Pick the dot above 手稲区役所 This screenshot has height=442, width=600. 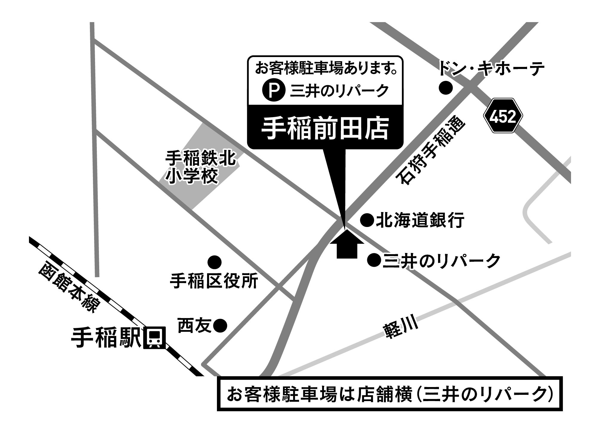[215, 262]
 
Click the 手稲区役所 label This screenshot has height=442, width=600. [214, 281]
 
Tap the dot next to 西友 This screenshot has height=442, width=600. [221, 325]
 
